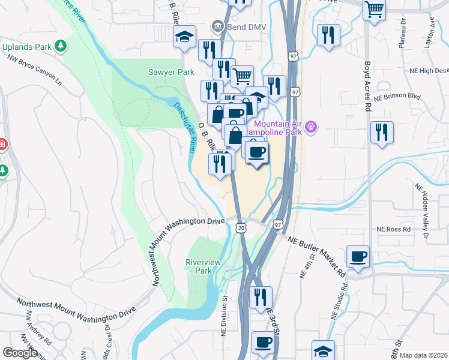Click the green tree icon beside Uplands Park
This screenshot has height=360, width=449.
click(60, 46)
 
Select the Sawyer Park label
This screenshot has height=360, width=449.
click(171, 72)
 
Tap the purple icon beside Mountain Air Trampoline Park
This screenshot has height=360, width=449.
click(311, 127)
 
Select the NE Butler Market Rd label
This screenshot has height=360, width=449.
click(316, 256)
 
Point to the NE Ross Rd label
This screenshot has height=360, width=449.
click(393, 229)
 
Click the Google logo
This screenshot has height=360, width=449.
click(20, 353)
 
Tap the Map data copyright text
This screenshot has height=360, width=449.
click(424, 355)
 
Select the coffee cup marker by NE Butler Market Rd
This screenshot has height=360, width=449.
click(358, 256)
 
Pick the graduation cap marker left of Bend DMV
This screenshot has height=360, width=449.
click(185, 37)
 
